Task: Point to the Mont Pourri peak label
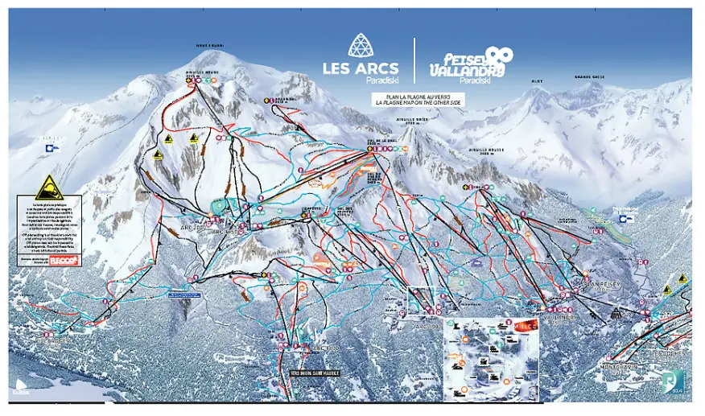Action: (x=211, y=46)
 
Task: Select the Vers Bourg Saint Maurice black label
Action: (x=315, y=373)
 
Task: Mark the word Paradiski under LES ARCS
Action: (x=350, y=80)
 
